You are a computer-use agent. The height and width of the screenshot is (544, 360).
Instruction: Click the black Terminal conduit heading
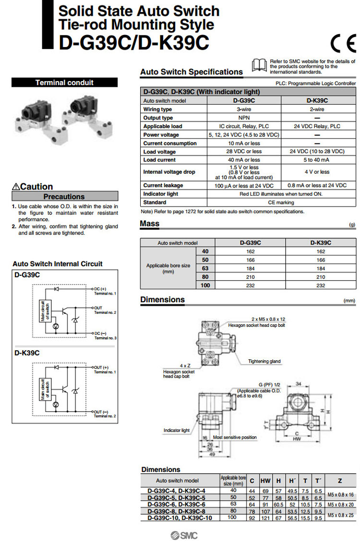[64, 83]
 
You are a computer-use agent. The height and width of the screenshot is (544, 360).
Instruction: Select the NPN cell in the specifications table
[244, 118]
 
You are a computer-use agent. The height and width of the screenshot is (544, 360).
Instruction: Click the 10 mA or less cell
[244, 143]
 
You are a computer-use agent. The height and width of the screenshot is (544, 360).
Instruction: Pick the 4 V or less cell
[317, 172]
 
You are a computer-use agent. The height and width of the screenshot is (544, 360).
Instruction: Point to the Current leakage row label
[163, 185]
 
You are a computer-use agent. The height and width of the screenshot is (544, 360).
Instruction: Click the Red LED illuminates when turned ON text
[281, 194]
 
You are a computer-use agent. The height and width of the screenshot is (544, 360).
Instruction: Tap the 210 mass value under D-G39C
[250, 277]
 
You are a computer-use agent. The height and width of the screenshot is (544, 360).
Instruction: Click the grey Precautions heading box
[64, 196]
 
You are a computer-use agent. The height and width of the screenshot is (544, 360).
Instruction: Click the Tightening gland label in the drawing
[264, 361]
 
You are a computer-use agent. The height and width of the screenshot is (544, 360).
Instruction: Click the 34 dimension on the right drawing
[299, 384]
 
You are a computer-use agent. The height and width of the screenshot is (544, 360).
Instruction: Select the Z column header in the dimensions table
[340, 480]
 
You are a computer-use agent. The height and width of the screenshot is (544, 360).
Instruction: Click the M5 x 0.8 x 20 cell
[340, 504]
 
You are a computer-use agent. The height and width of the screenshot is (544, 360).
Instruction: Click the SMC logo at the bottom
[180, 535]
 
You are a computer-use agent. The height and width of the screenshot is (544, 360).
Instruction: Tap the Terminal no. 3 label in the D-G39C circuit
[105, 338]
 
